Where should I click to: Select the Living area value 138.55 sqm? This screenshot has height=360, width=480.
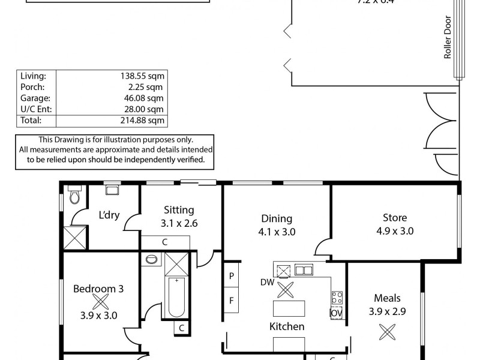click(142, 76)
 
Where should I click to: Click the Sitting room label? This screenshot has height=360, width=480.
click(179, 210)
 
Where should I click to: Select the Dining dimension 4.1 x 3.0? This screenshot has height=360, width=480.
click(276, 231)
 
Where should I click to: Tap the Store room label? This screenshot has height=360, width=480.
click(395, 218)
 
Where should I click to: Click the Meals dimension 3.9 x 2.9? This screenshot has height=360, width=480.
click(388, 311)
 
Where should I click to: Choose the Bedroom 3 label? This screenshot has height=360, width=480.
click(98, 289)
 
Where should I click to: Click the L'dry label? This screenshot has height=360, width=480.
click(109, 215)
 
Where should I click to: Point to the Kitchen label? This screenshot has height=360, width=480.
click(286, 327)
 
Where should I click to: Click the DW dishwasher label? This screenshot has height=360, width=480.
click(266, 281)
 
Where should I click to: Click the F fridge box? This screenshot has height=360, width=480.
click(231, 300)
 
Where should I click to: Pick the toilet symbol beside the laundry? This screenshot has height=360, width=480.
click(74, 196)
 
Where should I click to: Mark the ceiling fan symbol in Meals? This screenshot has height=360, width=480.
click(388, 331)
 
